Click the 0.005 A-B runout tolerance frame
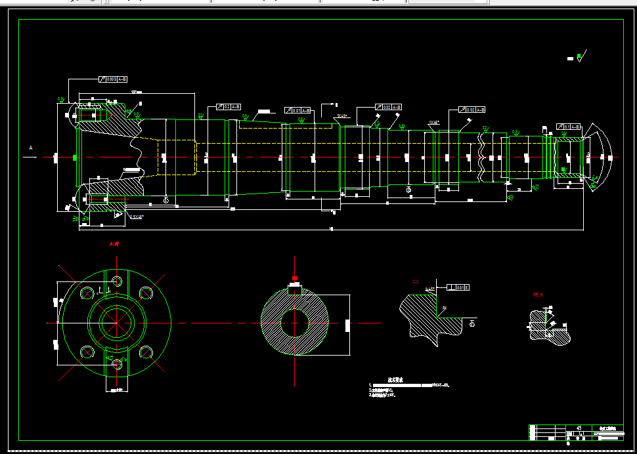pos(108,79)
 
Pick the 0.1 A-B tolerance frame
pos(570,126)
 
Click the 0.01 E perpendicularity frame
pos(458,287)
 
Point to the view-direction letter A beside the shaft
pos(30,149)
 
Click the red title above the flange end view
pos(116,244)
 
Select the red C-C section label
pos(416,282)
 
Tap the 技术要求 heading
pos(395,379)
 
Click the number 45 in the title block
pos(579,428)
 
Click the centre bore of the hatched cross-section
pos(295,322)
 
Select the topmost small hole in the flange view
pos(117,281)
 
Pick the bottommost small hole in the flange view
pos(117,364)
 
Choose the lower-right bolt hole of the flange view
pos(146,353)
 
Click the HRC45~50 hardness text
pos(439,385)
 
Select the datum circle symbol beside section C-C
pos(472,322)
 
